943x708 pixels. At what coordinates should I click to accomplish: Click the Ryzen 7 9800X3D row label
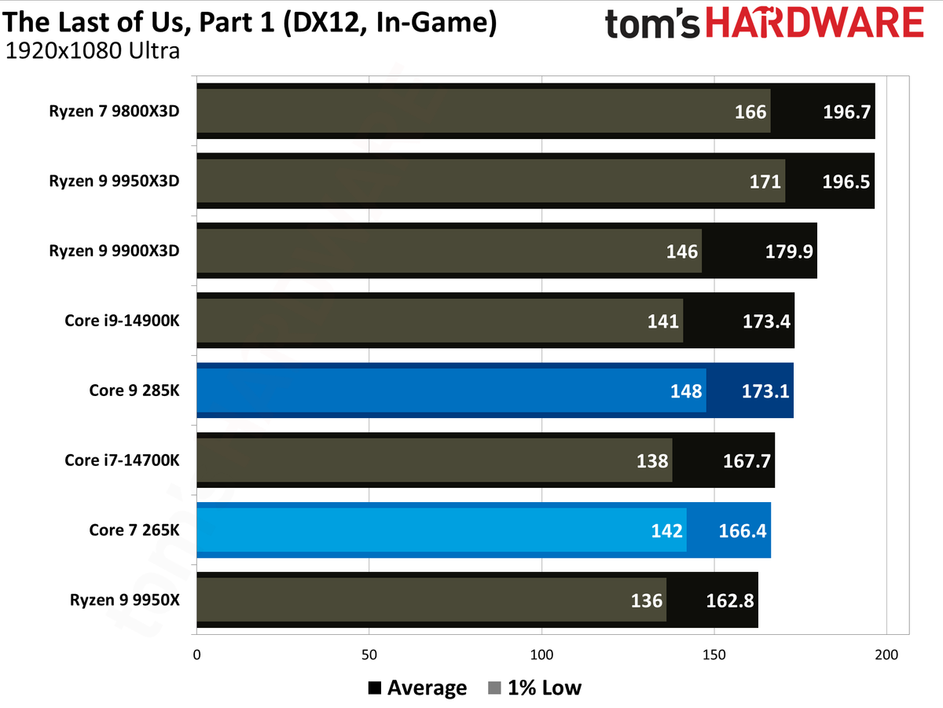pyautogui.click(x=114, y=112)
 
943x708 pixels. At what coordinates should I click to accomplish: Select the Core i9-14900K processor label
pyautogui.click(x=122, y=321)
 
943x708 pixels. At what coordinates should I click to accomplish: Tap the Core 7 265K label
pyautogui.click(x=134, y=530)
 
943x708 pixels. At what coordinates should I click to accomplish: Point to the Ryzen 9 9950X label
pyautogui.click(x=125, y=600)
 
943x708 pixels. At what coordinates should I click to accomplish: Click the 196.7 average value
pyautogui.click(x=846, y=112)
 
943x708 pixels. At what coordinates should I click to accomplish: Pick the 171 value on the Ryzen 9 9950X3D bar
pyautogui.click(x=765, y=182)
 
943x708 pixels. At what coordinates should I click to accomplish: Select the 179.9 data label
pyautogui.click(x=789, y=251)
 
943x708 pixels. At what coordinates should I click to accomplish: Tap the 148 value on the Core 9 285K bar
pyautogui.click(x=686, y=391)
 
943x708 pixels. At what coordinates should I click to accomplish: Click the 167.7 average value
pyautogui.click(x=747, y=461)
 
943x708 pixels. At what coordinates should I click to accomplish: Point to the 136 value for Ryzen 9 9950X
pyautogui.click(x=647, y=601)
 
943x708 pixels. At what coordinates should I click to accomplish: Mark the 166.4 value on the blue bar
pyautogui.click(x=743, y=531)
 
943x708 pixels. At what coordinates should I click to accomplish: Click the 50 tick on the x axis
pyautogui.click(x=369, y=655)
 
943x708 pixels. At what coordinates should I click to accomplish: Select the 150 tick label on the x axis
pyautogui.click(x=714, y=655)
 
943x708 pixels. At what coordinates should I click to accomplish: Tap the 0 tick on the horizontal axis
pyautogui.click(x=196, y=655)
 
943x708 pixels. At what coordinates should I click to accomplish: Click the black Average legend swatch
pyautogui.click(x=375, y=688)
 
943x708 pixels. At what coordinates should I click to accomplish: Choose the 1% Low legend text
pyautogui.click(x=545, y=688)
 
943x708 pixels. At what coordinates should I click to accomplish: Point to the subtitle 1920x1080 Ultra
pyautogui.click(x=93, y=51)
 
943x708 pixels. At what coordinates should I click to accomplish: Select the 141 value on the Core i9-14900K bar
pyautogui.click(x=663, y=321)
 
